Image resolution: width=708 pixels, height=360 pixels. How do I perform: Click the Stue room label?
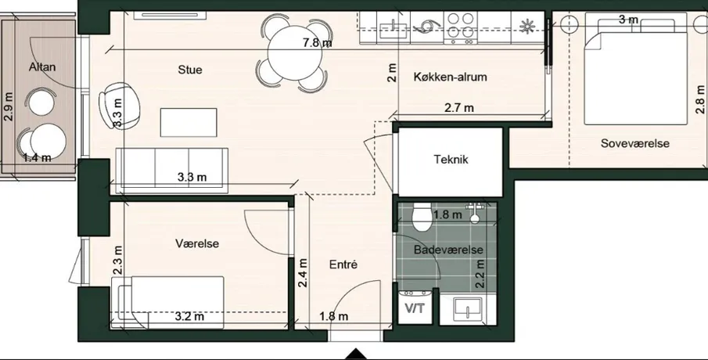click(189, 70)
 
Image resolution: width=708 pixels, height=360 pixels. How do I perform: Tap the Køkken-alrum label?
click(450, 77)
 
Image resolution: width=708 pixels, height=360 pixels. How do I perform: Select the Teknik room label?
click(451, 160)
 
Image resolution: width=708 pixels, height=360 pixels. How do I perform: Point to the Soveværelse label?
click(634, 144)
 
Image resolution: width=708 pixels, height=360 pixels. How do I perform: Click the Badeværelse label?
click(448, 250)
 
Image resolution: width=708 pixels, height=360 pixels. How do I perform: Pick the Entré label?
click(343, 265)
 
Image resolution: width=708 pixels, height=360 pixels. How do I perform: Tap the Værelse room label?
click(197, 243)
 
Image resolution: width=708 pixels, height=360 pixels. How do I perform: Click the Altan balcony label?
click(42, 67)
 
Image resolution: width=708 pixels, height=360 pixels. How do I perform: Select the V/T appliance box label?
click(415, 308)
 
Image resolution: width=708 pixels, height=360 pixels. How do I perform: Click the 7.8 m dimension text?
click(318, 43)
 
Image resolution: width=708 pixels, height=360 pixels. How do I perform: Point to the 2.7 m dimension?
click(459, 108)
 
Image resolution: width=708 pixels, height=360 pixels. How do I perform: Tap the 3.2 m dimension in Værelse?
click(189, 316)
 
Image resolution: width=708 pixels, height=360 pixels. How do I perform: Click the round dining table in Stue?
click(294, 53)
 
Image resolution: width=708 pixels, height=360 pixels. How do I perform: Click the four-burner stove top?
click(461, 27)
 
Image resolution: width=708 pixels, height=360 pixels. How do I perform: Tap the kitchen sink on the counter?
click(393, 28)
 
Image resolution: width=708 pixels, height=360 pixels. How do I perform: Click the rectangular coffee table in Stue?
click(189, 122)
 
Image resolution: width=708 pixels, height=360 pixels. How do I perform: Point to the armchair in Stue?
click(119, 105)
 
